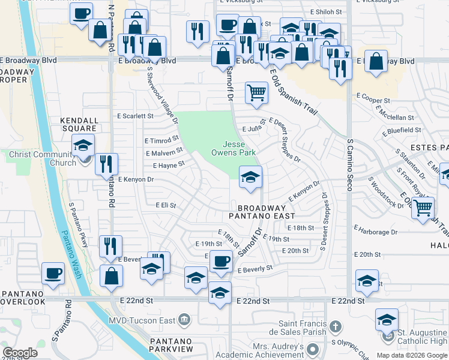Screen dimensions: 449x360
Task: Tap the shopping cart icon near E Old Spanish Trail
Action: click(256, 93)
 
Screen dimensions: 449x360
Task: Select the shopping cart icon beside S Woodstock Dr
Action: click(424, 208)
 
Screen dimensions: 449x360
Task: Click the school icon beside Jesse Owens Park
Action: click(251, 176)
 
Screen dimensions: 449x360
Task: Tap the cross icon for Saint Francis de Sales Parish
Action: click(336, 327)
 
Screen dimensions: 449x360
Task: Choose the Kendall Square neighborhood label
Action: click(79, 124)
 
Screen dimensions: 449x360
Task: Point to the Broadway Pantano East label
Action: click(262, 211)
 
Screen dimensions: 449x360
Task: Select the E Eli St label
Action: click(165, 205)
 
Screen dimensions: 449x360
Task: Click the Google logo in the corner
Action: click(20, 352)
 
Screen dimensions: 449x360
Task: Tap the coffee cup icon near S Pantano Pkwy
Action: click(53, 273)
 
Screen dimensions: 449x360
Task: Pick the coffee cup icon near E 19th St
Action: click(221, 261)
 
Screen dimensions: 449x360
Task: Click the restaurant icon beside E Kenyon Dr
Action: click(106, 164)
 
